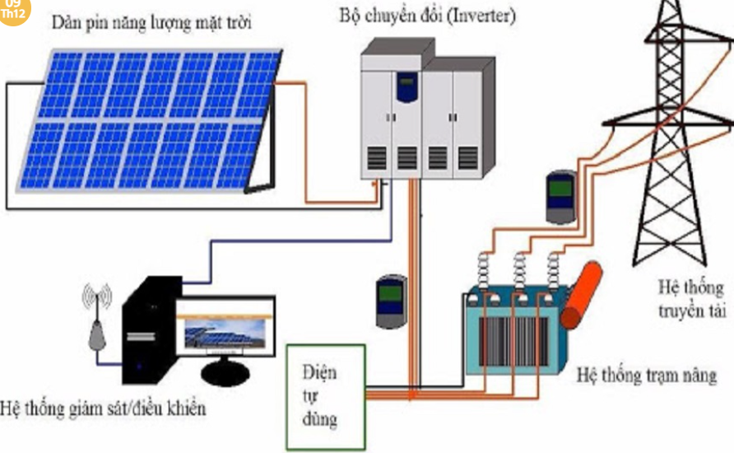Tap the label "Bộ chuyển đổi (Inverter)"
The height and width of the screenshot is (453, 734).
click(x=426, y=14)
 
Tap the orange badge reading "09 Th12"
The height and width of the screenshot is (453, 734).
click(x=13, y=10)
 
